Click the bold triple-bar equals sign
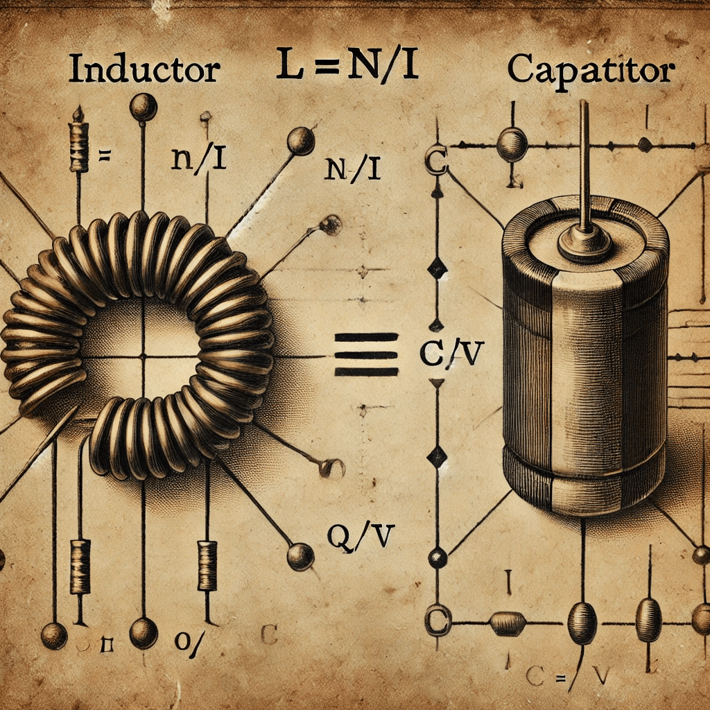367,354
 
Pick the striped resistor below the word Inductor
79,146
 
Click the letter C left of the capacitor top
435,162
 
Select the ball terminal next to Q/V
300,556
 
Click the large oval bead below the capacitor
582,622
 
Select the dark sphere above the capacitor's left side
513,144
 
